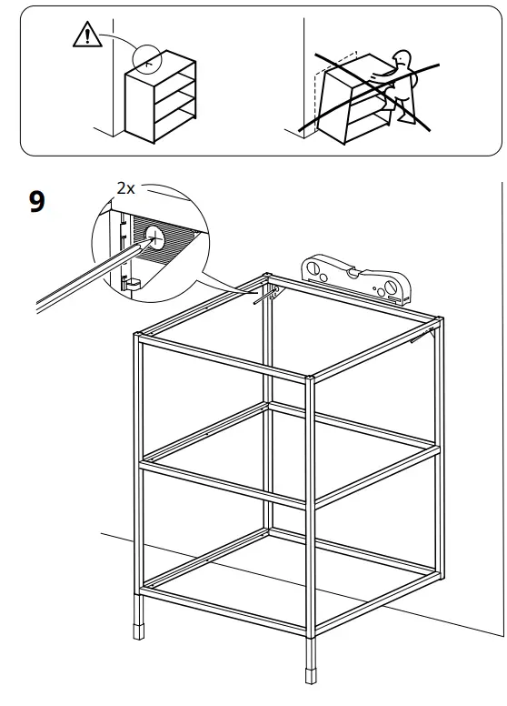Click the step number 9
coord(36,200)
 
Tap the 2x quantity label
coord(125,188)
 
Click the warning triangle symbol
coord(83,37)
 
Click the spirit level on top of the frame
coord(353,278)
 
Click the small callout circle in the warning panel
coord(145,57)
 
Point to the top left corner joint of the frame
coord(138,339)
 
